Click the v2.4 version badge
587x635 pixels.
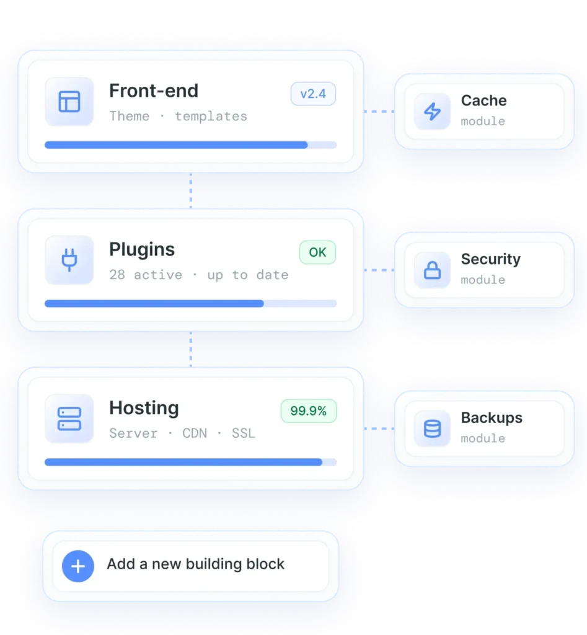[313, 94]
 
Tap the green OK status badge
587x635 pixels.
[317, 252]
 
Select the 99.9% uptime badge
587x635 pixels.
[309, 411]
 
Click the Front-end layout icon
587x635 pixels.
[69, 101]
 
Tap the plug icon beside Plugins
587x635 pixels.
[69, 260]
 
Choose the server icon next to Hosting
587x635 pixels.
[69, 419]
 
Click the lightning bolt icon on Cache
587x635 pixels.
[433, 112]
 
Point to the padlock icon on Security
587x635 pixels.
[433, 270]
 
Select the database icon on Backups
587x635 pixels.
[433, 429]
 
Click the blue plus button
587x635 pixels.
[77, 566]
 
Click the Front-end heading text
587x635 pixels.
[154, 91]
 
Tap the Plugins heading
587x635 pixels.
[142, 249]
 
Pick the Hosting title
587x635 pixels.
[144, 408]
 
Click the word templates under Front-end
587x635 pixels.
[211, 116]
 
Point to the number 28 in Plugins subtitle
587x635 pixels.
[117, 275]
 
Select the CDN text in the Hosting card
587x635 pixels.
[195, 433]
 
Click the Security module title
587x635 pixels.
[491, 259]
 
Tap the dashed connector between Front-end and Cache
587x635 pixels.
[379, 112]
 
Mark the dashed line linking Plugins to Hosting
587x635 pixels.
[191, 349]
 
